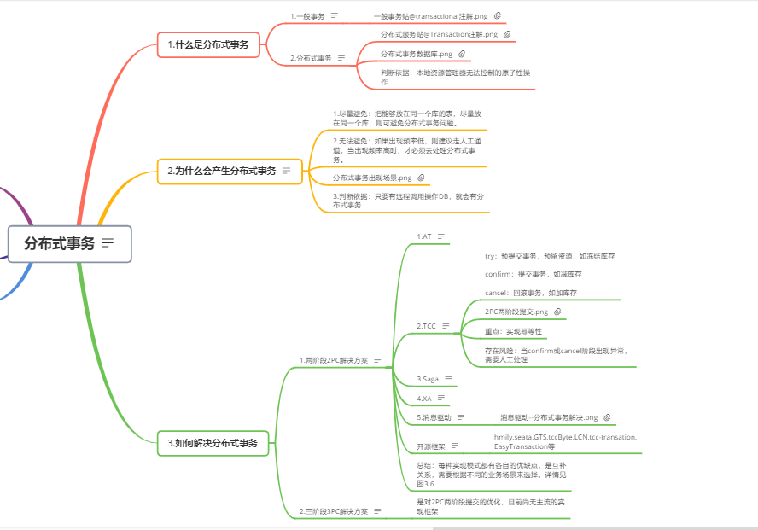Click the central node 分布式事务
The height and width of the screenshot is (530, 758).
(x=60, y=243)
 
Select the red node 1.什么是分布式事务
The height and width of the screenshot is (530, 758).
(x=207, y=44)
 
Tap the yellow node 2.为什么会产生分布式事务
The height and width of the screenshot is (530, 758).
(x=221, y=171)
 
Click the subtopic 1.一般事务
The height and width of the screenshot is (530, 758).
(x=307, y=15)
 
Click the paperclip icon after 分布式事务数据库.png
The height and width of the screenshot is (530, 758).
(x=462, y=54)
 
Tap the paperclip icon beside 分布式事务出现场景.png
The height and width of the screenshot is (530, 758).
(x=421, y=178)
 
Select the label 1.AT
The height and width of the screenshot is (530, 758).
(x=424, y=236)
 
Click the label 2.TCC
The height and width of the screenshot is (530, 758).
(x=426, y=326)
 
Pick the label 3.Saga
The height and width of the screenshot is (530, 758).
(x=429, y=378)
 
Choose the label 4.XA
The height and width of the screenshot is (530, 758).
(x=424, y=398)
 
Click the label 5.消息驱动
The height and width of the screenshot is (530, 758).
(x=434, y=417)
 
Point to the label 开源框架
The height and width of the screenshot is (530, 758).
(x=431, y=446)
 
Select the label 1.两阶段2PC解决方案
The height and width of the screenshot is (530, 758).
(x=334, y=360)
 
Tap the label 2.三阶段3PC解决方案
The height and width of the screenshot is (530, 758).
(x=334, y=511)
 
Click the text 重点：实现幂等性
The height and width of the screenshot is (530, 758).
(x=512, y=331)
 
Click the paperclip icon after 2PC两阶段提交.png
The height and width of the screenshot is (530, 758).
(x=558, y=312)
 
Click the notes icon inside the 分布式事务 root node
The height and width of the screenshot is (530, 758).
(x=108, y=243)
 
